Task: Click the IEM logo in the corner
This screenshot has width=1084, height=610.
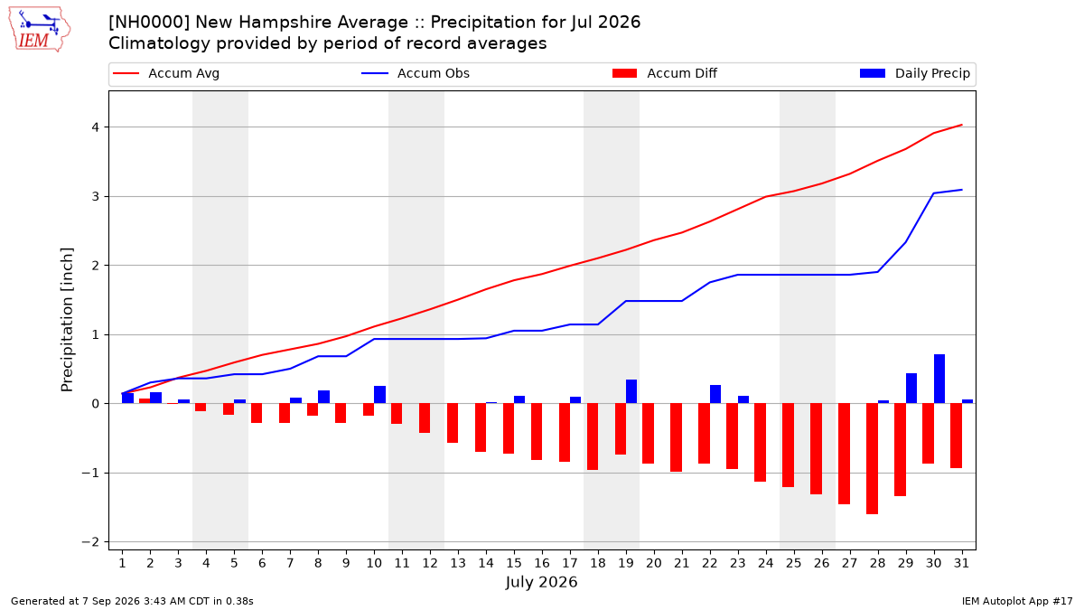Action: point(40,30)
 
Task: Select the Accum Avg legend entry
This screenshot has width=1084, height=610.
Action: point(166,73)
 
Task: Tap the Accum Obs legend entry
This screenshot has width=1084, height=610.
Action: point(416,73)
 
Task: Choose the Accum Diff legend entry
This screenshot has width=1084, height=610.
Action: point(665,73)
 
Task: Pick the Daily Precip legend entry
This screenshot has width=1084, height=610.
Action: point(914,73)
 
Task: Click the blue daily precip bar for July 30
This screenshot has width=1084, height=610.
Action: point(939,379)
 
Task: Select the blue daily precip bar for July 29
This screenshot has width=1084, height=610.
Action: point(911,389)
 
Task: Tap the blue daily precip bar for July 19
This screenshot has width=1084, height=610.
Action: point(631,391)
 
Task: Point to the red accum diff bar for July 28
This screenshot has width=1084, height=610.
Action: point(872,458)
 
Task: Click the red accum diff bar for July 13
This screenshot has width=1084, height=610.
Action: point(453,423)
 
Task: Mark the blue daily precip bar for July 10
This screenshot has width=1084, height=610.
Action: point(380,395)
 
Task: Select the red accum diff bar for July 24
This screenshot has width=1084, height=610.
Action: point(761,443)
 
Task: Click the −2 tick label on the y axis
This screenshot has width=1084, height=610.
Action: point(90,542)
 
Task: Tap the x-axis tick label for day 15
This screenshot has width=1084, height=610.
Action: point(514,563)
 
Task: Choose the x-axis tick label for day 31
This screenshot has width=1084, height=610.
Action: point(961,563)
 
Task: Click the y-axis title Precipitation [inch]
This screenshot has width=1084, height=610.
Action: point(67,320)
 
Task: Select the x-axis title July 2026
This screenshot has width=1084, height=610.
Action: point(541,582)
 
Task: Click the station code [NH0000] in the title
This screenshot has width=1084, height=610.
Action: point(149,23)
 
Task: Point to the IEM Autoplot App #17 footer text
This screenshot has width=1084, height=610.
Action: point(1017,601)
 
